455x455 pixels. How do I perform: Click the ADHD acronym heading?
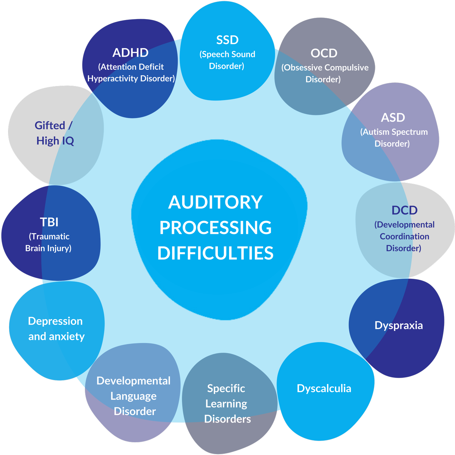click(130, 53)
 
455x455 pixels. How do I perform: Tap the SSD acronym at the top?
click(227, 40)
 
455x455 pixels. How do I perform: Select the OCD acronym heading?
click(324, 53)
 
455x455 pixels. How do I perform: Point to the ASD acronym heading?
click(393, 118)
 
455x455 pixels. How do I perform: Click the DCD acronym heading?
click(404, 210)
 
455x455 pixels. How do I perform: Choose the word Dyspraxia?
click(399, 325)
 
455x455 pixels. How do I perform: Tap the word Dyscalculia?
click(324, 389)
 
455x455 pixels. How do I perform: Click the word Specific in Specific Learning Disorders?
click(226, 389)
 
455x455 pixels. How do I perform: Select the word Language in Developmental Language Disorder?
click(133, 396)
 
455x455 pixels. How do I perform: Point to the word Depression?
click(55, 321)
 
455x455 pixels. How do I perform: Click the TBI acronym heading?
click(49, 222)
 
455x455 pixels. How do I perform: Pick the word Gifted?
click(50, 126)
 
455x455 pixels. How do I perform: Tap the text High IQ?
click(55, 141)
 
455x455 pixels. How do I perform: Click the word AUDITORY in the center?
click(215, 202)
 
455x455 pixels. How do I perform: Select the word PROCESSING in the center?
click(215, 228)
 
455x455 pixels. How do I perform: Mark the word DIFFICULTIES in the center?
click(215, 253)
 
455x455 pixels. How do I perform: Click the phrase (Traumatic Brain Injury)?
click(49, 242)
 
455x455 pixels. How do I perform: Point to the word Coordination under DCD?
click(404, 237)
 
